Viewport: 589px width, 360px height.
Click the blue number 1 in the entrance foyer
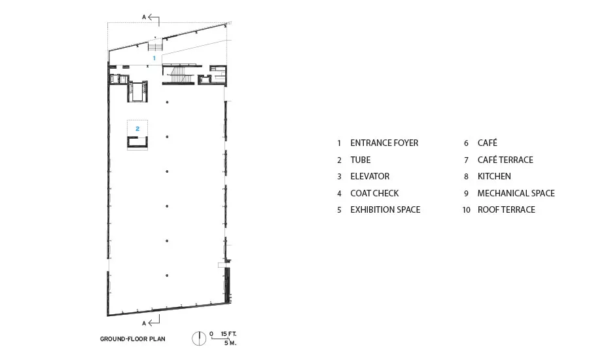(x=154, y=58)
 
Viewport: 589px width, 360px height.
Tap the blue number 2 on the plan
(x=137, y=128)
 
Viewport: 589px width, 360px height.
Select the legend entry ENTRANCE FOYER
(x=384, y=143)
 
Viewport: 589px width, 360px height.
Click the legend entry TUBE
(x=360, y=160)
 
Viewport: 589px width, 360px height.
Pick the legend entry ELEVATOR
(x=370, y=176)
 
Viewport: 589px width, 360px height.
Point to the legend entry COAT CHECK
(x=374, y=193)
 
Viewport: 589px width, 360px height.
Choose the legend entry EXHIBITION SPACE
(x=385, y=209)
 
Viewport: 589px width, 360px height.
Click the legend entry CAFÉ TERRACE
(x=505, y=160)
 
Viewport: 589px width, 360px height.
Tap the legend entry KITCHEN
(x=494, y=176)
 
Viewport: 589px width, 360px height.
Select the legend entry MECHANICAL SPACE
(x=516, y=193)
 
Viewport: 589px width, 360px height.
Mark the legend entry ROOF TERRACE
(x=506, y=209)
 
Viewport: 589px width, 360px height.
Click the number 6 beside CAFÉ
(x=466, y=143)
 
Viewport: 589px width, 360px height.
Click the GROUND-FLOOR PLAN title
(x=133, y=339)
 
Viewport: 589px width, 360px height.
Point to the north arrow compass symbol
(x=199, y=338)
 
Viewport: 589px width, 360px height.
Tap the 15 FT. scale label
(x=229, y=334)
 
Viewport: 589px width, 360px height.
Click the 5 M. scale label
(x=230, y=343)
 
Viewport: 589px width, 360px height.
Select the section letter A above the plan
(x=144, y=17)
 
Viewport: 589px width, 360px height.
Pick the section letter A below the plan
(x=144, y=323)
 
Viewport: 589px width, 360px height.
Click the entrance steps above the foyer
(x=155, y=47)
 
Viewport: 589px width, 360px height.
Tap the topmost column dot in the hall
(x=167, y=102)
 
